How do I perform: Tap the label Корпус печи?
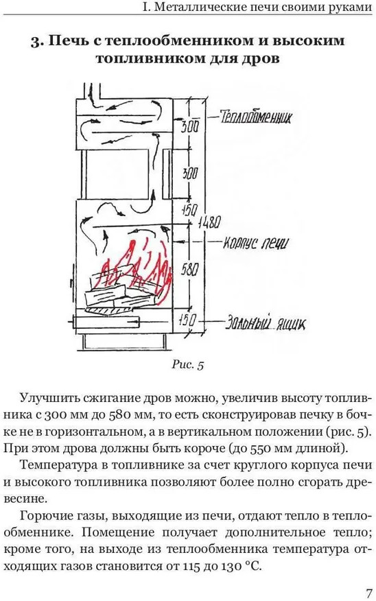click(x=255, y=243)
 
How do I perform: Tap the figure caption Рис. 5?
click(x=187, y=364)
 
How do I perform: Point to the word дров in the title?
click(x=259, y=59)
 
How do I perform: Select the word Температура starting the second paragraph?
click(x=61, y=466)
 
